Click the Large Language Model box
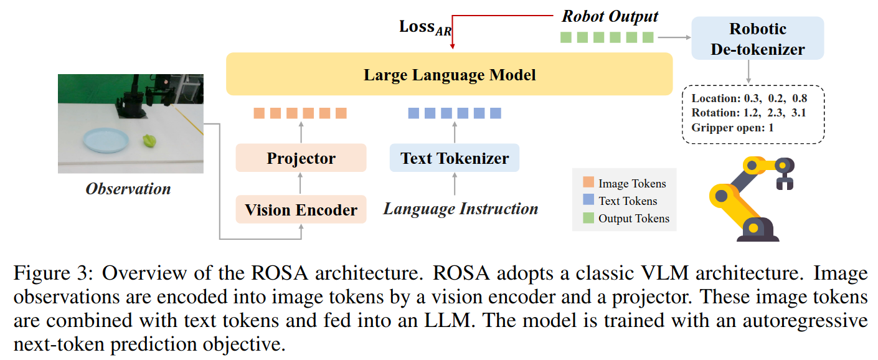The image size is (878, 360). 449,74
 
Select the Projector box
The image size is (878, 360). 301,158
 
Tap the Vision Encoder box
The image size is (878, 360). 301,209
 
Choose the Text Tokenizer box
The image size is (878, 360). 455,158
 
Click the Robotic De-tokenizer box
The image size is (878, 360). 758,39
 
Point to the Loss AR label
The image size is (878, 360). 425,27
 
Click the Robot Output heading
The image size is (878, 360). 610,16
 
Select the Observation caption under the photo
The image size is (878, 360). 128,189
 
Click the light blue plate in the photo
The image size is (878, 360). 106,140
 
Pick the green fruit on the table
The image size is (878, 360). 149,140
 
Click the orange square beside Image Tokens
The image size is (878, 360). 588,182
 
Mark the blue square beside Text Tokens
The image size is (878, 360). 588,199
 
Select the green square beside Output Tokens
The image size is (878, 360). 588,217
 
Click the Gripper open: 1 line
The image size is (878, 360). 732,128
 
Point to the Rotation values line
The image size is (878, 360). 748,113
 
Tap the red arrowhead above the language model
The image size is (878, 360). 452,46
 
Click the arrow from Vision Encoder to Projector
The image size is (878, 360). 301,183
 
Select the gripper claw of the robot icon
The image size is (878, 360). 785,183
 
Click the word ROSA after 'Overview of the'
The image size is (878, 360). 280,273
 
